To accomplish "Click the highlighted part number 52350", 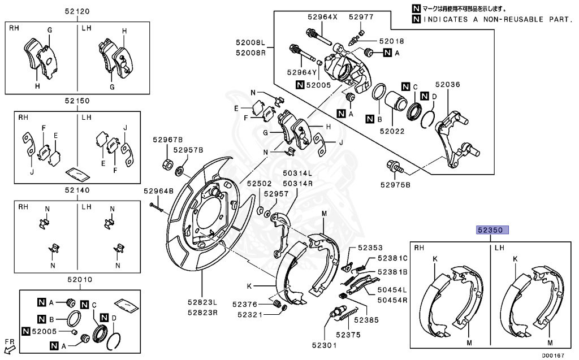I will [493, 230].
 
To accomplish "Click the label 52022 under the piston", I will [393, 131].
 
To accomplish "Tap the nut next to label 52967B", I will [167, 164].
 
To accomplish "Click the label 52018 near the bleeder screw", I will [391, 41].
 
